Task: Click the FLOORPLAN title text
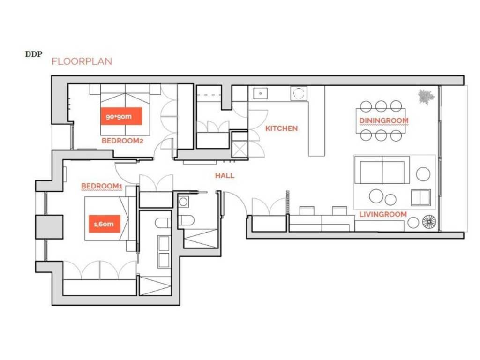[82, 61]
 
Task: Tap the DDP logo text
[34, 54]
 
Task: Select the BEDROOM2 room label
[122, 141]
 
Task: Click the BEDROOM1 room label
[102, 186]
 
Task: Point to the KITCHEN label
[281, 128]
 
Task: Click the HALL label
[225, 175]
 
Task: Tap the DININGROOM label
[384, 120]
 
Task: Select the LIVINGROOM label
[383, 214]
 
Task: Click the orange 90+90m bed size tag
[121, 116]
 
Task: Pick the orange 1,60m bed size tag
[105, 224]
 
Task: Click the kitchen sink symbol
[260, 93]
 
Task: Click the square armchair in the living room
[420, 198]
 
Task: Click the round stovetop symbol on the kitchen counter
[299, 93]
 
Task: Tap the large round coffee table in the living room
[376, 196]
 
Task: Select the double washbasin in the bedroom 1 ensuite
[164, 252]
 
